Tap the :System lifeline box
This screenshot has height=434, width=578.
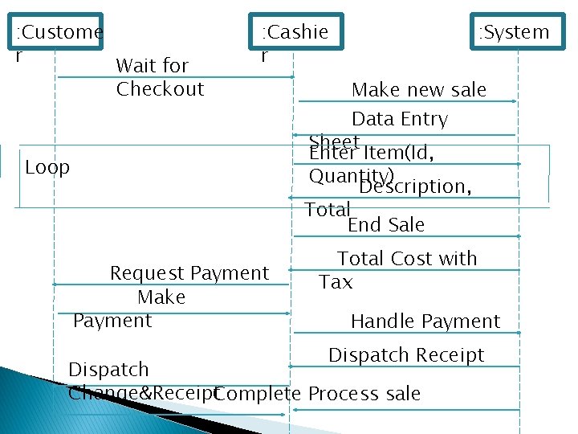[518, 33]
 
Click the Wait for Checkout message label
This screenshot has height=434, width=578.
[160, 77]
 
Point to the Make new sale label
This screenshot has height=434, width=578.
[419, 89]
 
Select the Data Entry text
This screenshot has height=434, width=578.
[399, 119]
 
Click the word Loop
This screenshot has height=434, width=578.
[47, 167]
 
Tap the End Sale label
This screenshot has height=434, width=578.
[386, 224]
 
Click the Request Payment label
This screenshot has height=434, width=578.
[189, 273]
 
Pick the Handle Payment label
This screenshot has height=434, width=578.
[425, 321]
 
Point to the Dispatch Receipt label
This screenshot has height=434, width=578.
[406, 354]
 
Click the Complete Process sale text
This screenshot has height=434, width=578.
[318, 394]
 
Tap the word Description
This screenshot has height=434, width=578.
[413, 186]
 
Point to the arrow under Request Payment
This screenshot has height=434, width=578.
[170, 285]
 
